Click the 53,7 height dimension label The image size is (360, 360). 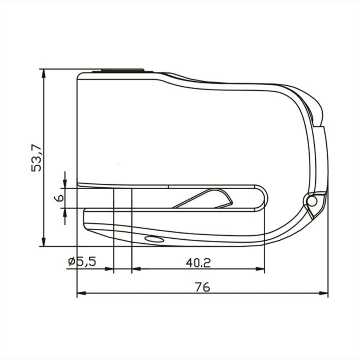[x=36, y=158]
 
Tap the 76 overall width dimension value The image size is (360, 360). [x=202, y=287]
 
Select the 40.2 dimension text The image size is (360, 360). [x=198, y=263]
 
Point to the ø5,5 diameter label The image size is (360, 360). [x=82, y=261]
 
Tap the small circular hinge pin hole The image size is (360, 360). [x=311, y=201]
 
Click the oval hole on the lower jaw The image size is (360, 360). [x=154, y=239]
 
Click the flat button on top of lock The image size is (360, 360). [x=123, y=70]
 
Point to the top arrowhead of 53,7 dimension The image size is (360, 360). [x=43, y=73]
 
